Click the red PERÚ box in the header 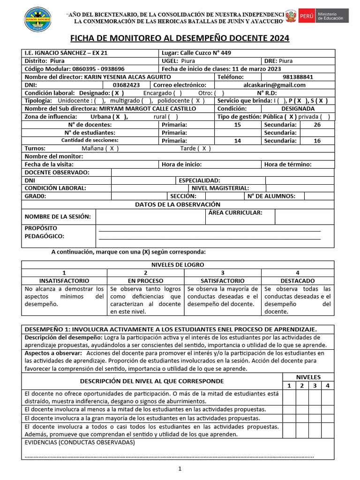pos(307,16)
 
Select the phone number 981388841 pos(298,77)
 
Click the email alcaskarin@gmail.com pos(274,85)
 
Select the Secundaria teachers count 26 pos(317,125)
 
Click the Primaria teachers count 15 pos(237,125)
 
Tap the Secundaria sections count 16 pos(317,141)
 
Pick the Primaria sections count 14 pos(237,141)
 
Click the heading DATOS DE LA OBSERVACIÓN pos(177,204)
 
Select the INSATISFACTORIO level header pos(65,280)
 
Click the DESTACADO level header pos(297,280)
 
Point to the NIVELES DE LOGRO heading pos(177,265)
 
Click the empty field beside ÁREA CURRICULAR pos(304,217)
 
